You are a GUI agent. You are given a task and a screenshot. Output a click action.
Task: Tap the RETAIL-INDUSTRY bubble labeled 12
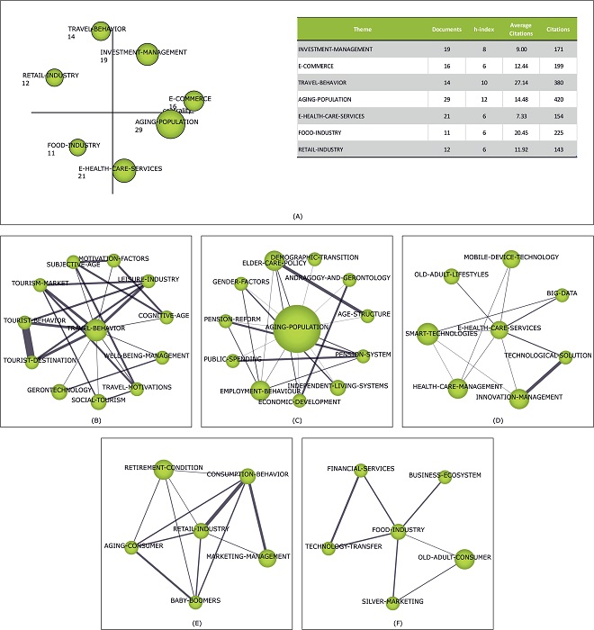(56, 77)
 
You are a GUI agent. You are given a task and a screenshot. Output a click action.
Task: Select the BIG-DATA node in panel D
(562, 293)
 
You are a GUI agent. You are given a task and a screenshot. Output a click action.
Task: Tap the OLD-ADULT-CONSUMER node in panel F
(464, 559)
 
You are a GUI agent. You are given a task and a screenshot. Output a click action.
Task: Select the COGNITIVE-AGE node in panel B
(166, 316)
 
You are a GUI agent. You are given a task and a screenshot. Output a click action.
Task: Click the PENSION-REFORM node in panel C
(238, 319)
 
